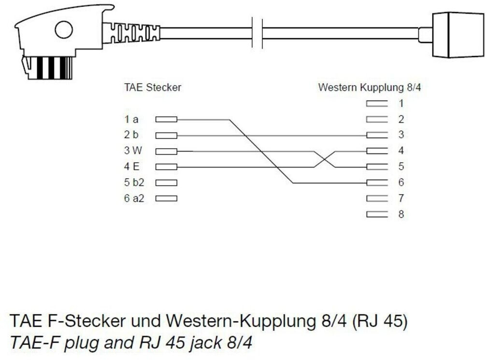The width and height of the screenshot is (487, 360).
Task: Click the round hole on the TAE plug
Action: click(63, 30)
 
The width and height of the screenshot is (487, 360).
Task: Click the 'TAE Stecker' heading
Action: click(153, 87)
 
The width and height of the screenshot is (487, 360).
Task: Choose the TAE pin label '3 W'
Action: click(131, 151)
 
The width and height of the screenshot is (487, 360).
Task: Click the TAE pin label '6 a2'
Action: click(133, 198)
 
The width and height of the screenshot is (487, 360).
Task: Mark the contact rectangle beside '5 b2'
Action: click(166, 183)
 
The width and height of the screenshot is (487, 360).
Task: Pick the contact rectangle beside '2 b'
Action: click(166, 135)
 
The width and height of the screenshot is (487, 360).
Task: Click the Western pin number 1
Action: click(401, 103)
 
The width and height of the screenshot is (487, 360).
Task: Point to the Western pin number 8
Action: click(401, 214)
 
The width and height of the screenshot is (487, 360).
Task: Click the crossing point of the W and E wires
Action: click(324, 159)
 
